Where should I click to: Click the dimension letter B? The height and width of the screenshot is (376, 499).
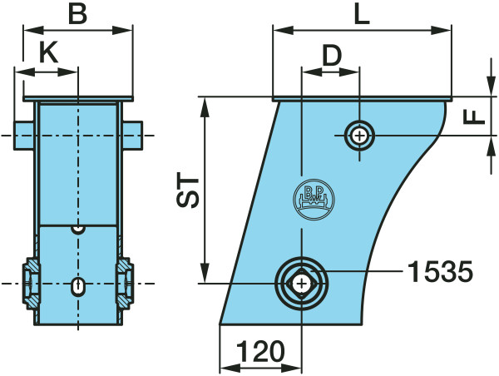pos(77,14)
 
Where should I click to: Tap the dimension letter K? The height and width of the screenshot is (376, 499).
pos(49,52)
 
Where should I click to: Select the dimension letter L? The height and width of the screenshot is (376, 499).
pos(362,14)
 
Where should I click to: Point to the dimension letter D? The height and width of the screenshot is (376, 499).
pos(332,56)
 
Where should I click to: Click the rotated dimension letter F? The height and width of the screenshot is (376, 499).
pos(474,116)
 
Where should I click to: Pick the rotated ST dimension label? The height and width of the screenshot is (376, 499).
pos(188,190)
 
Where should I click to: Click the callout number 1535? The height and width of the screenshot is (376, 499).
pos(441,271)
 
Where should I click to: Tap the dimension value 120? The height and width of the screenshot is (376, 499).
pos(260,351)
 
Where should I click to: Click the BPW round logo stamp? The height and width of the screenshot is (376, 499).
pos(314,200)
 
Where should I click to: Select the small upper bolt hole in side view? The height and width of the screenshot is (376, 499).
pos(359,136)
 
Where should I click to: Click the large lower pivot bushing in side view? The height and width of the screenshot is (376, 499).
pos(301,284)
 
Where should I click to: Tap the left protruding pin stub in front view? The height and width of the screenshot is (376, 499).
pos(24,136)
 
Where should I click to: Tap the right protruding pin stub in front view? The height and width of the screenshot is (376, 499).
pos(132,136)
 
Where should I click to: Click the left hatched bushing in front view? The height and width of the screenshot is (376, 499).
pos(31,283)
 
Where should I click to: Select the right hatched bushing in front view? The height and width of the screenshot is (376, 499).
pos(125,283)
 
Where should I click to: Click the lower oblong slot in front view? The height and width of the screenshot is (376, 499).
pos(78,286)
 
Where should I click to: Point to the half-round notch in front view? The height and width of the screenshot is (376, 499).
pos(78,230)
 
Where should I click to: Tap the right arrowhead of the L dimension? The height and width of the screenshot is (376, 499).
pos(441,31)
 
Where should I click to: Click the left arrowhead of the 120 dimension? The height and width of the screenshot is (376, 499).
pos(230,369)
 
